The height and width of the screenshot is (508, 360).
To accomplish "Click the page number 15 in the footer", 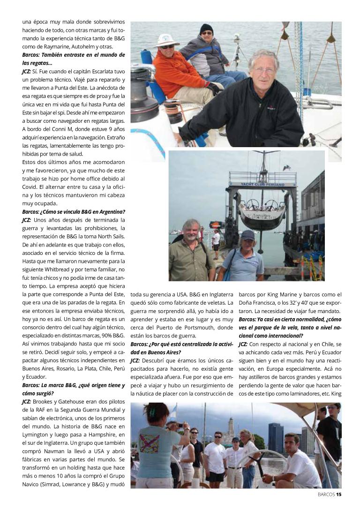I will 338,493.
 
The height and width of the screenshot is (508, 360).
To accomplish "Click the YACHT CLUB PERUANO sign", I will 262,184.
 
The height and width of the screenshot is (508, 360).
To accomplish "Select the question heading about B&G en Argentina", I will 74,211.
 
